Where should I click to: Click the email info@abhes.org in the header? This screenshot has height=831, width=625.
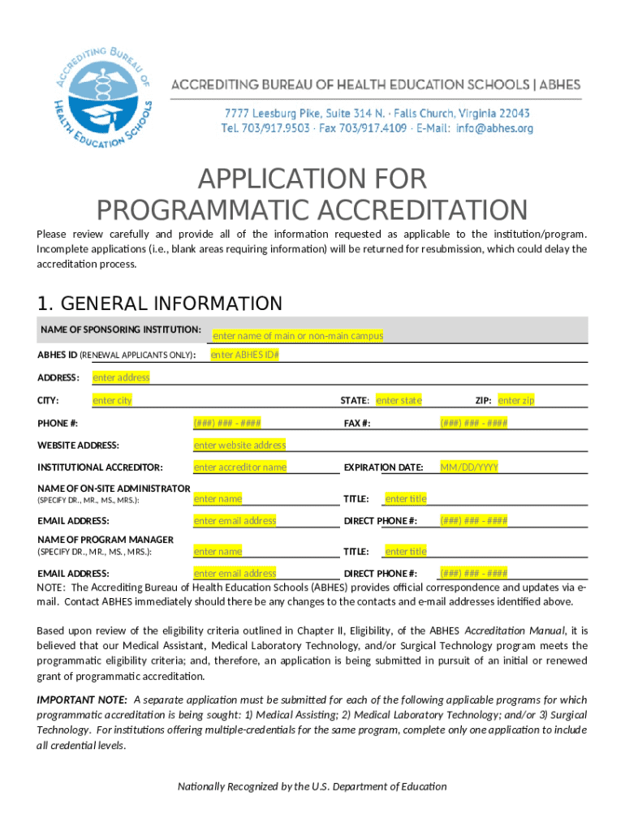pyautogui.click(x=494, y=128)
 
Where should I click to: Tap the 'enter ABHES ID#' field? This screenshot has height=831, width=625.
pyautogui.click(x=245, y=355)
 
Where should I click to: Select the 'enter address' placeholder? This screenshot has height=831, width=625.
pyautogui.click(x=121, y=377)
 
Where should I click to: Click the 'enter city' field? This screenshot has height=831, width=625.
pyautogui.click(x=112, y=400)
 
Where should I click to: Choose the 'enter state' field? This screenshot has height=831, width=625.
pyautogui.click(x=399, y=400)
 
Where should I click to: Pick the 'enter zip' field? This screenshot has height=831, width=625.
pyautogui.click(x=516, y=400)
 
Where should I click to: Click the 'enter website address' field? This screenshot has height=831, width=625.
pyautogui.click(x=239, y=445)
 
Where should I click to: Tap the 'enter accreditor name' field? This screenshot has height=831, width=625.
pyautogui.click(x=239, y=467)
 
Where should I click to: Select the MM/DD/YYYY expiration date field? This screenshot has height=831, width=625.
pyautogui.click(x=469, y=467)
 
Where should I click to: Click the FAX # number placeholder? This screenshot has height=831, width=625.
pyautogui.click(x=474, y=423)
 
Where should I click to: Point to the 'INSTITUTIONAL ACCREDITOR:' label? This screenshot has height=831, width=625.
pyautogui.click(x=100, y=467)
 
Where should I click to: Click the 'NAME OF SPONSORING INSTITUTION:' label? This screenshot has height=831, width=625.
pyautogui.click(x=121, y=329)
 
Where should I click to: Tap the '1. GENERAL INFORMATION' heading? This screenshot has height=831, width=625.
pyautogui.click(x=159, y=304)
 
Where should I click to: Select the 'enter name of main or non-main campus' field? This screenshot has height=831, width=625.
pyautogui.click(x=298, y=336)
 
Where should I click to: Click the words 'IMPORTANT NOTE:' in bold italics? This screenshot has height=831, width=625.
pyautogui.click(x=82, y=700)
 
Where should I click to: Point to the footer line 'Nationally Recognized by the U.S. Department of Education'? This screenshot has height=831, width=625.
pyautogui.click(x=312, y=786)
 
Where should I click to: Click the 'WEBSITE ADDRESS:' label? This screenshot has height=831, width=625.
pyautogui.click(x=78, y=445)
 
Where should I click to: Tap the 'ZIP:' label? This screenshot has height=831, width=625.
pyautogui.click(x=484, y=400)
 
